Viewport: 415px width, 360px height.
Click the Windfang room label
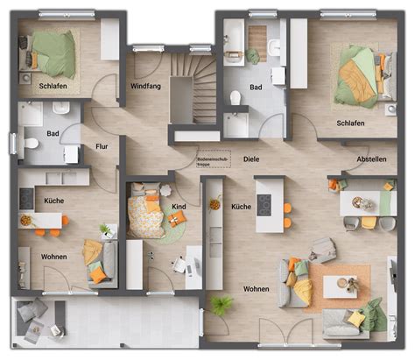[144, 87]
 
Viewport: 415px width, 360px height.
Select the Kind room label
[179, 207]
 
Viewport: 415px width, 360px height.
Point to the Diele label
[250, 159]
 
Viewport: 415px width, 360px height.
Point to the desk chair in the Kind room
[179, 264]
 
